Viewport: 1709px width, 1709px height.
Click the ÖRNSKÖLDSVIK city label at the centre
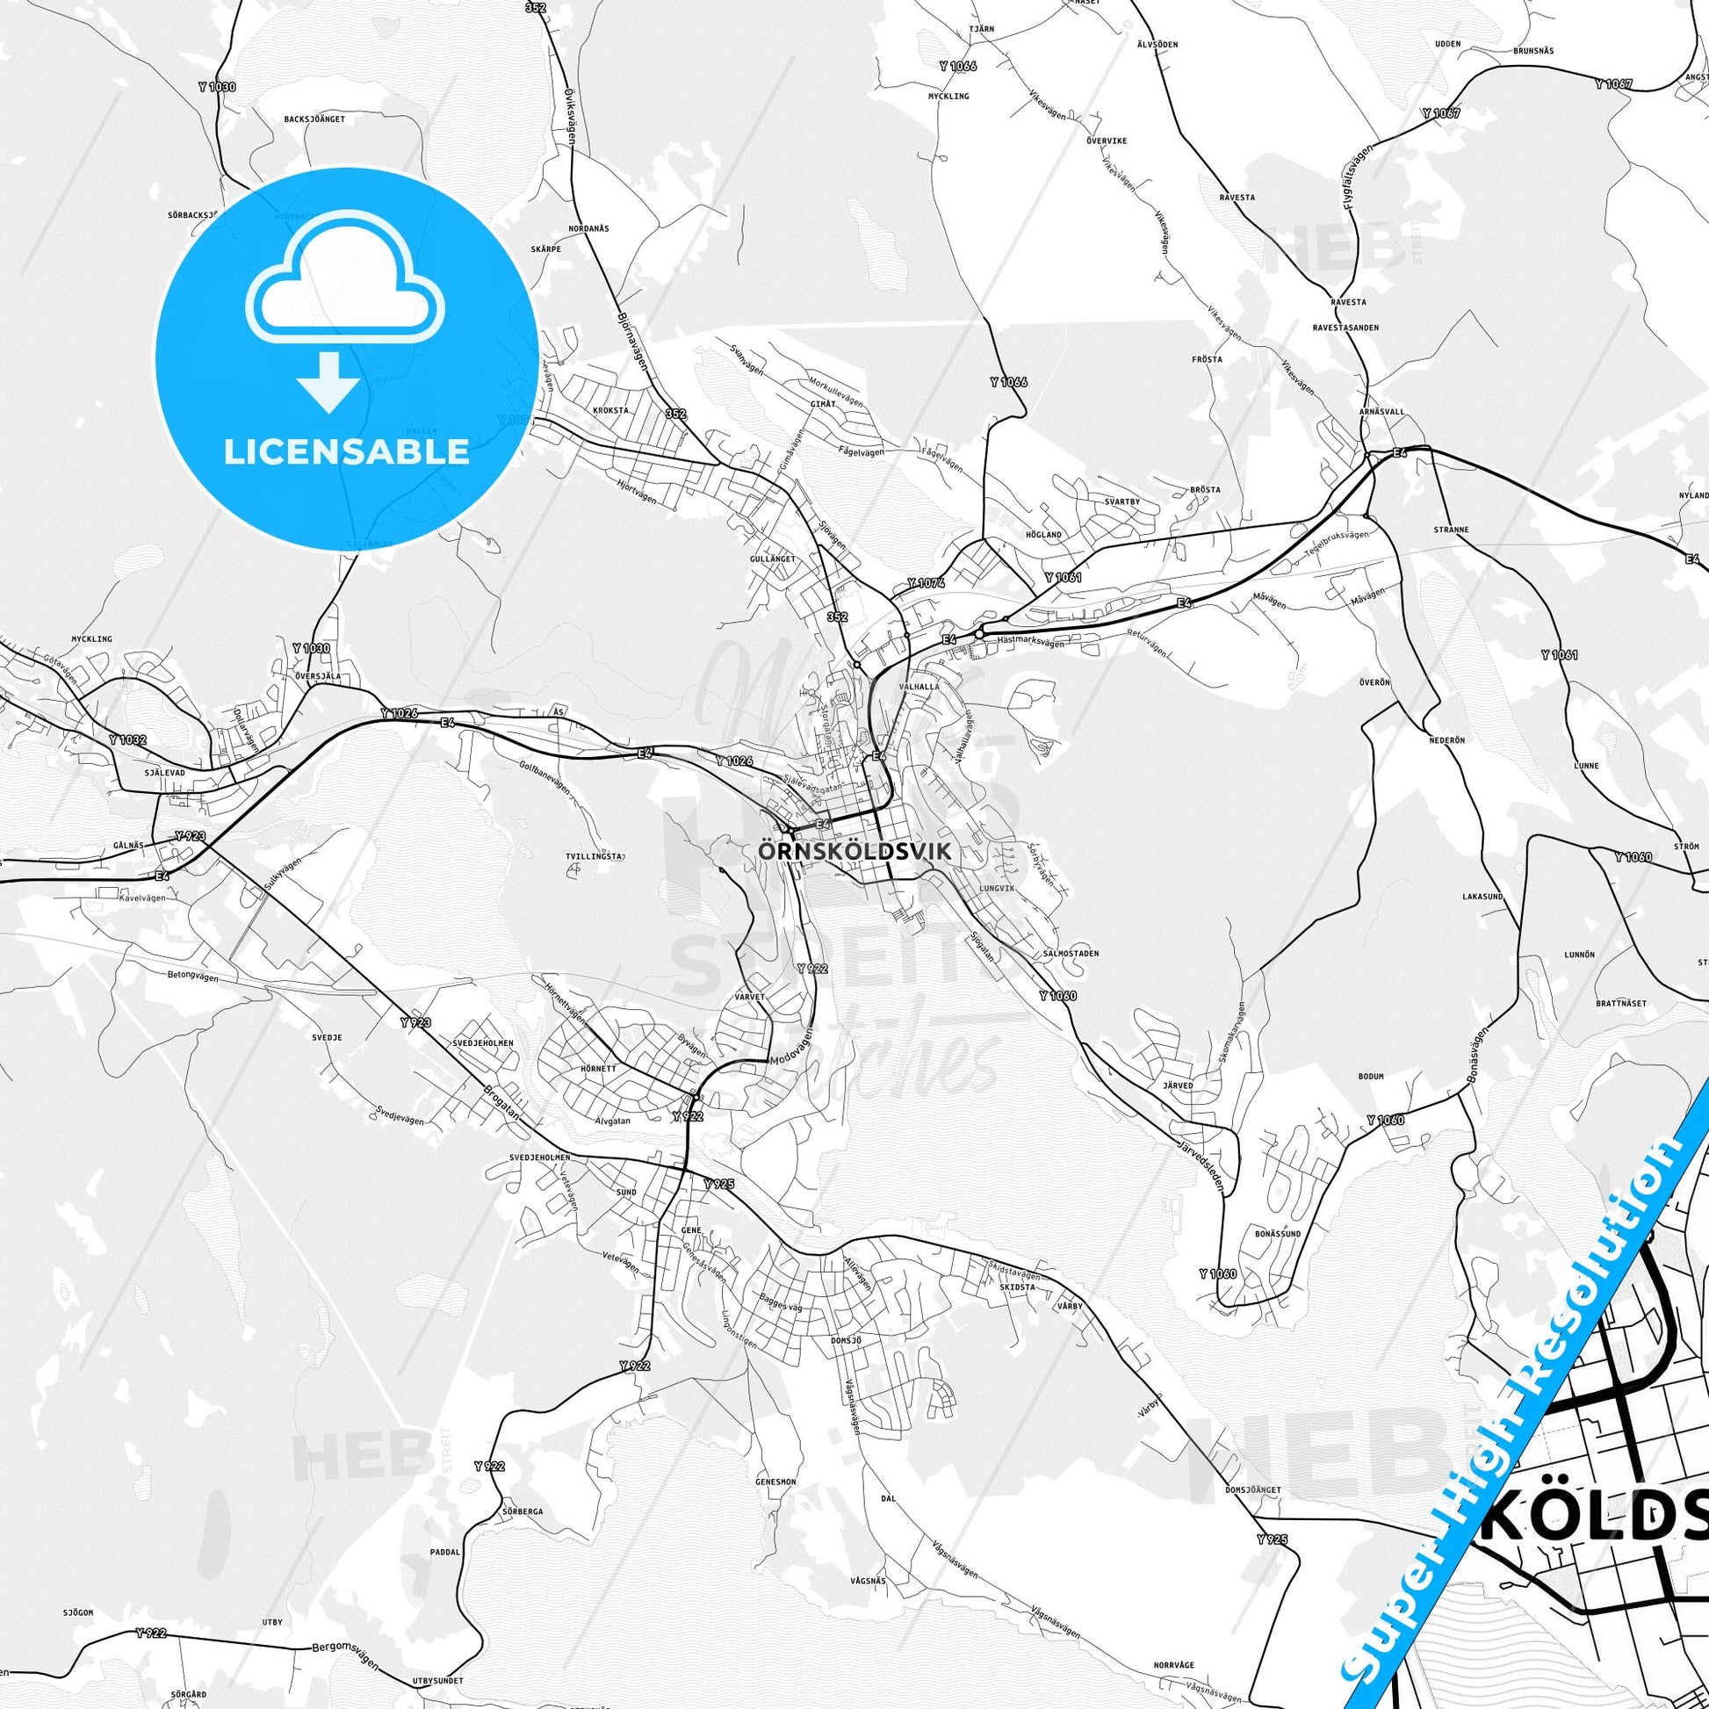pos(854,852)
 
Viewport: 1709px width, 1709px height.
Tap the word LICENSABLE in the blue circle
pos(346,451)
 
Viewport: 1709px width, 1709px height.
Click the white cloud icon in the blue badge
pos(346,279)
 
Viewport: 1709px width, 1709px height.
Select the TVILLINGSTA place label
pos(595,856)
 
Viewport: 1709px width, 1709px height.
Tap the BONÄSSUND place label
pos(1277,1232)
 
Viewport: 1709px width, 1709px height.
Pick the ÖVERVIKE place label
pos(1106,140)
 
